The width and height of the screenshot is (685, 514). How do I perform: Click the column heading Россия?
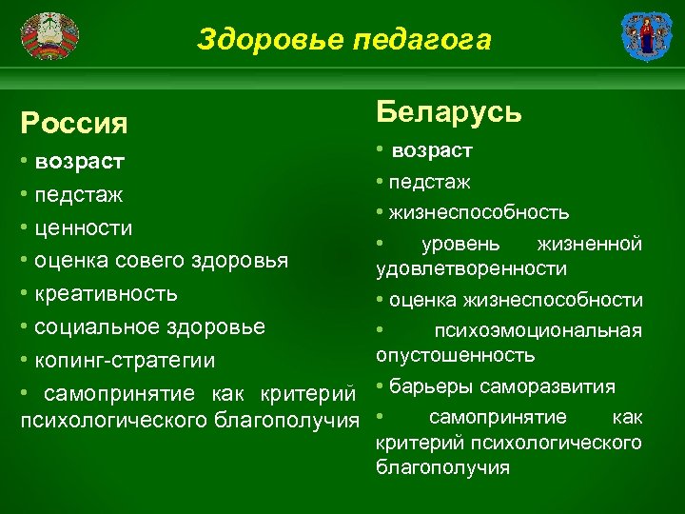75,123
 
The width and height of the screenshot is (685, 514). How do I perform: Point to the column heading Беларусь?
449,111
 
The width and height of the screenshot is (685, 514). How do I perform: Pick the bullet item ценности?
83,228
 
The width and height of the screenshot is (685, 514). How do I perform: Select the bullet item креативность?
106,293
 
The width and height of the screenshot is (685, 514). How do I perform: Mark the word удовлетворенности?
472,269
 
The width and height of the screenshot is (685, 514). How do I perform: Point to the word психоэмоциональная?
538,331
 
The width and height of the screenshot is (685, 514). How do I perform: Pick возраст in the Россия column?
79,161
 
